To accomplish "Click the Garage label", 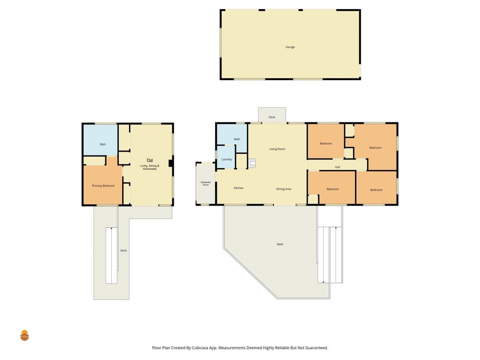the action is pos(290,47).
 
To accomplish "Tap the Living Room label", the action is pos(278,149).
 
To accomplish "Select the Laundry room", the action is pos(226,157).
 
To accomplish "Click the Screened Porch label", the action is pos(206,183).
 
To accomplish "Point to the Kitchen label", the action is pos(239,188).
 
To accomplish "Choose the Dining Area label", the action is pos(284,189).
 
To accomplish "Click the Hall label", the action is pos(337,167).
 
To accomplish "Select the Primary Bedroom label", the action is pos(103,186).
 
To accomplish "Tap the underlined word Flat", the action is pos(150,160).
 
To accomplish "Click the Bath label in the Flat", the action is pos(103,144).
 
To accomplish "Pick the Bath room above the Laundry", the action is pos(232,135).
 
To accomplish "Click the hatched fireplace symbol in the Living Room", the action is pos(251,163).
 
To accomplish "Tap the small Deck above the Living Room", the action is pos(272,115).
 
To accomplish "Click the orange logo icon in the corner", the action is pos(24,336).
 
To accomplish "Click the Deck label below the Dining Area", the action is pos(280,244).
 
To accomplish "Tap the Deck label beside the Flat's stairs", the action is pos(123,251).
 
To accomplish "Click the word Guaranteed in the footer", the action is pos(318,348).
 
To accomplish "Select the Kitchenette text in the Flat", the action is pos(150,169).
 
